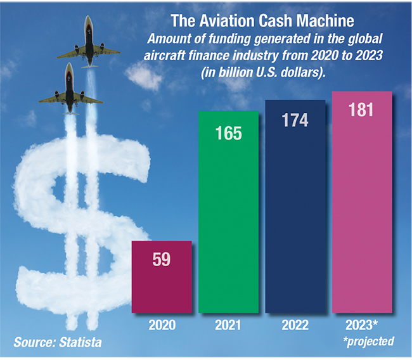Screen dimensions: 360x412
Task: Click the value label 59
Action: pos(162,260)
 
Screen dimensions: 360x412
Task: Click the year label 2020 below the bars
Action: pos(162,325)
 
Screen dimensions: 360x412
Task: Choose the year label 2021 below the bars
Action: pos(229,325)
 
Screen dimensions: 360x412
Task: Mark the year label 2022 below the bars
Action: pos(295,325)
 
